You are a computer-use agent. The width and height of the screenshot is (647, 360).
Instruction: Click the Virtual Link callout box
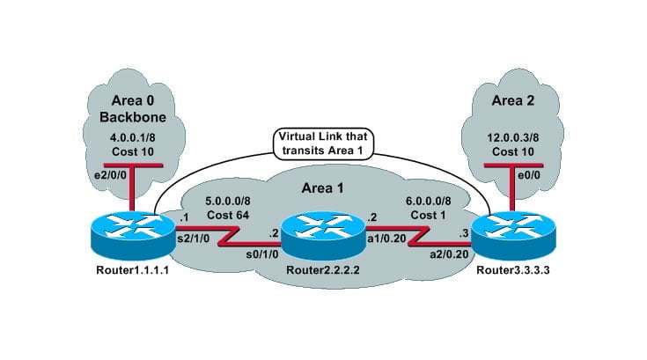[324, 143]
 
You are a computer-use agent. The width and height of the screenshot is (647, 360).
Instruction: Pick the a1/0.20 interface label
[389, 238]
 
